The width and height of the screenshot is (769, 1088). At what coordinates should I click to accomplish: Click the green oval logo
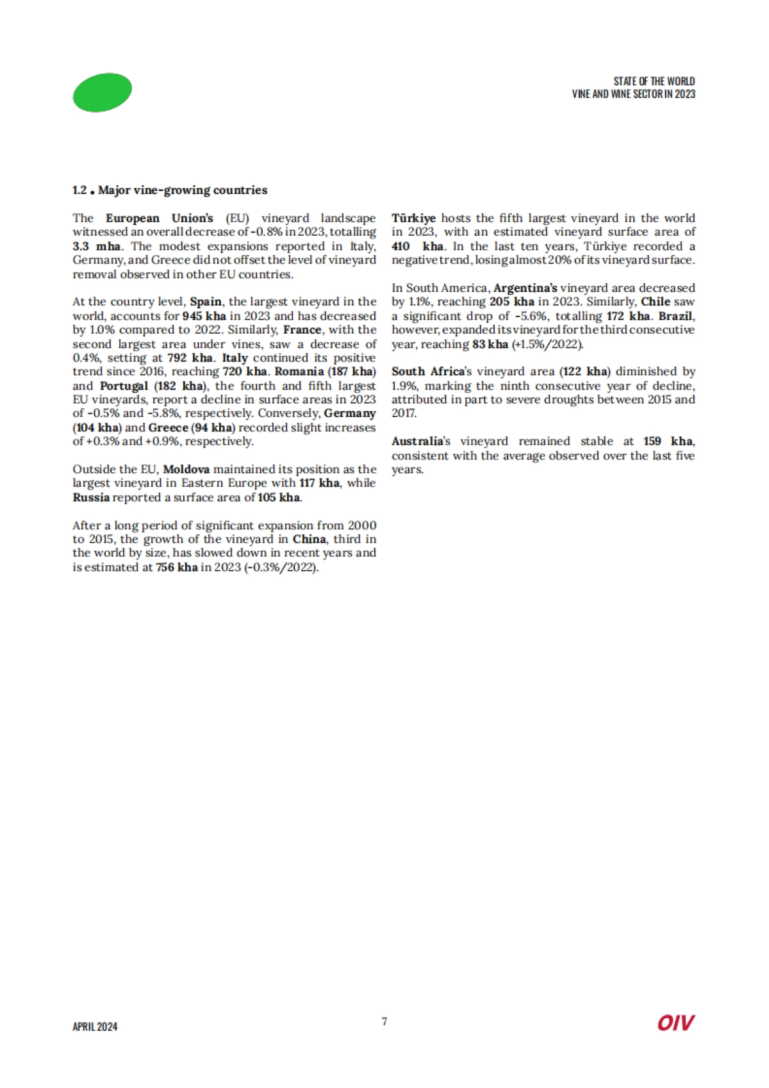[x=103, y=92]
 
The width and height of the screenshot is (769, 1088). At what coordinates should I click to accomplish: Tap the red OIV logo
[x=675, y=1023]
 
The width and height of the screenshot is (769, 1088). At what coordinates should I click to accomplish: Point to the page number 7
[x=384, y=1021]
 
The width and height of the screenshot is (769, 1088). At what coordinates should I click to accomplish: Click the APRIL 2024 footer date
[x=95, y=1026]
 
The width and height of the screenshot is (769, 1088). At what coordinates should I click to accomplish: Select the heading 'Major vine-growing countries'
[x=183, y=190]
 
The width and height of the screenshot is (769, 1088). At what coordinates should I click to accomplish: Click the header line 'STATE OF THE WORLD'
[x=654, y=81]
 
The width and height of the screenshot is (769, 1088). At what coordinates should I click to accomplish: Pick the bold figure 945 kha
[x=204, y=316]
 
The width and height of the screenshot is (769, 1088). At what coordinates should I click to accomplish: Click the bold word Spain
[x=206, y=302]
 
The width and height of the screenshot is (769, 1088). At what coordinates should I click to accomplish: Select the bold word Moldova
[x=186, y=469]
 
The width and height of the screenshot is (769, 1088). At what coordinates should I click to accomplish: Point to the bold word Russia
[x=91, y=497]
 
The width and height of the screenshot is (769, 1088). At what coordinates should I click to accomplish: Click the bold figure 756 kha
[x=177, y=567]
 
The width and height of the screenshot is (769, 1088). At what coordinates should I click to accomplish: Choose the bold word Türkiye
[x=413, y=218]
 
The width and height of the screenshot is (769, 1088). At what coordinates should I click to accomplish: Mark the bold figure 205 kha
[x=512, y=302]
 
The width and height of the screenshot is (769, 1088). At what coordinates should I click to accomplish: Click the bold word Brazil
[x=675, y=316]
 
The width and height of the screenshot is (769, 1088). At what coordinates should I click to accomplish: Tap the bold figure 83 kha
[x=490, y=344]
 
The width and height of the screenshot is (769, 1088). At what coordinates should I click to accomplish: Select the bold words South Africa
[x=427, y=372]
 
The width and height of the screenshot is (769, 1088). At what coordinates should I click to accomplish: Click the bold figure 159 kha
[x=668, y=441]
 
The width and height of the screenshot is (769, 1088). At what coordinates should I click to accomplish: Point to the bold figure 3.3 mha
[x=96, y=246]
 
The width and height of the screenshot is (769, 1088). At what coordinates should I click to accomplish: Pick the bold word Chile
[x=656, y=302]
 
